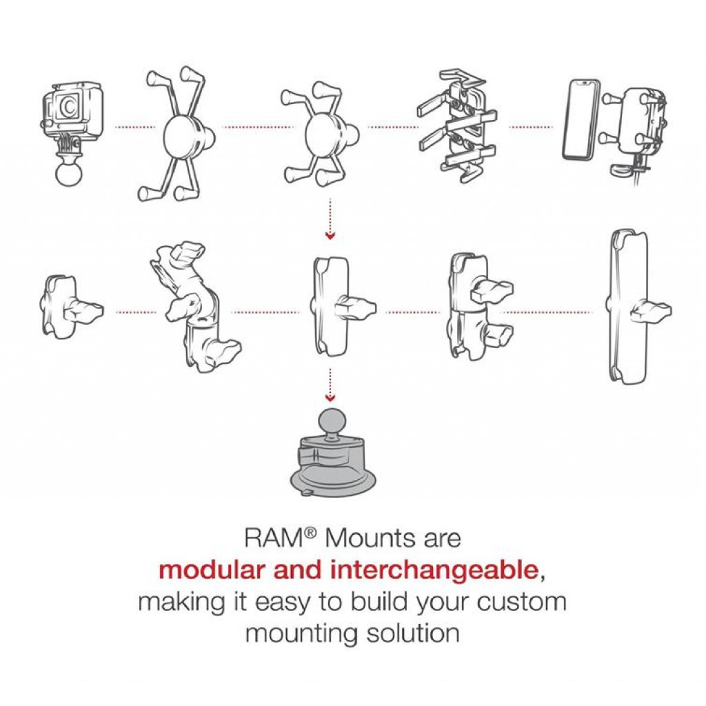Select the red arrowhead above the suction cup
330,397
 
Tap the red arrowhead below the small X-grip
330,236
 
